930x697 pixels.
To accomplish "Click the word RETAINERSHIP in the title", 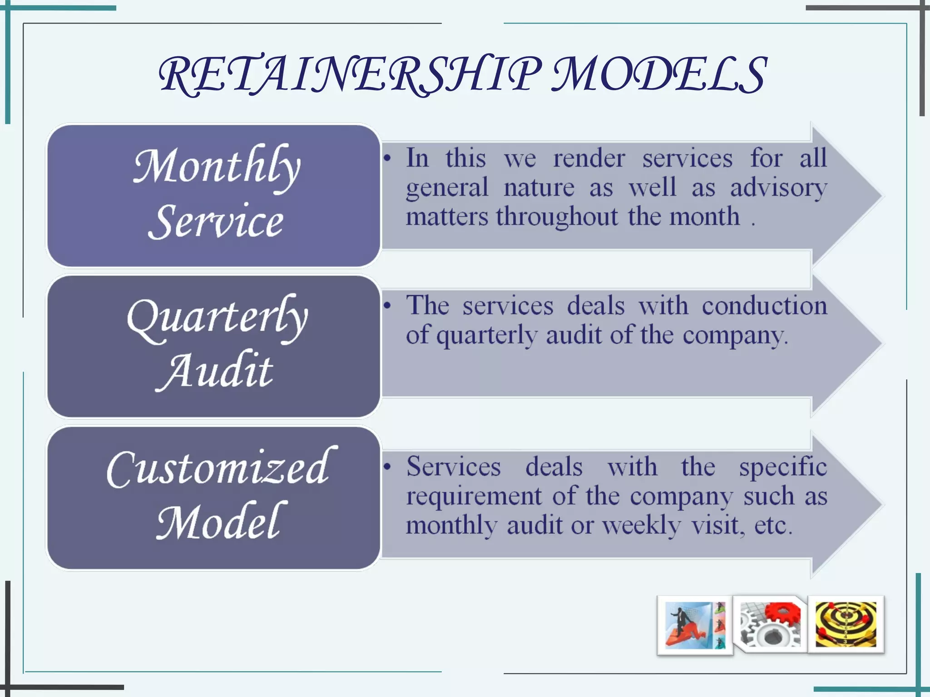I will [x=350, y=75].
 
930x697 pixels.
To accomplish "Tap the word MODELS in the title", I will [x=658, y=75].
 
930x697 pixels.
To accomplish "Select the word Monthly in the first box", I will [x=217, y=167].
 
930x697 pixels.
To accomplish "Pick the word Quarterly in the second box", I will [x=217, y=318].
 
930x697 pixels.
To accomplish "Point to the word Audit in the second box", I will [x=215, y=371].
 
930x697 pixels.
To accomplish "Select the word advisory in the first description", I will [x=778, y=188].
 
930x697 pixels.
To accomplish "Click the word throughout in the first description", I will [x=557, y=217].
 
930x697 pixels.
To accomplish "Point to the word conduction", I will [x=764, y=306].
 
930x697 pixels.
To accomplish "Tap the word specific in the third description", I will [x=783, y=467].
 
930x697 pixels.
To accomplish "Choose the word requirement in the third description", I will [x=474, y=496].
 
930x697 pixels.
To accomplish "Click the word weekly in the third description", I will [x=641, y=526].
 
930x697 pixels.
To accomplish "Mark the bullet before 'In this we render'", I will [x=387, y=159].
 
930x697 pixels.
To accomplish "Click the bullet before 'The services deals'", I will [x=387, y=306].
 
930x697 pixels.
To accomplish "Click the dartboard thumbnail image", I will [x=846, y=624].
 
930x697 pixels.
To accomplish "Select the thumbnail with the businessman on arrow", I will [x=694, y=625].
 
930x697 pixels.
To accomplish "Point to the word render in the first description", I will [x=589, y=159].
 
